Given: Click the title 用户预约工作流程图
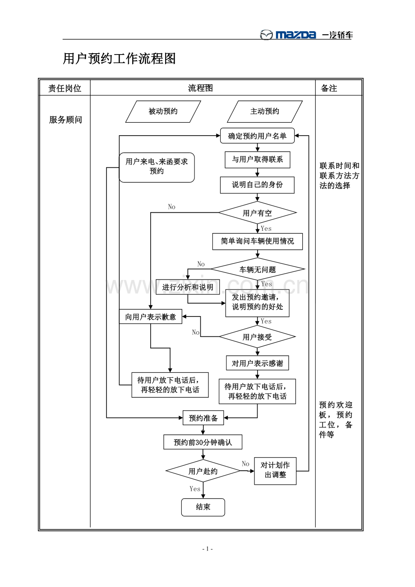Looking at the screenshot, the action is click(x=119, y=59).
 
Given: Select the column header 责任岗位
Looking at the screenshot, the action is click(x=65, y=88).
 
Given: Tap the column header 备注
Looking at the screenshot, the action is click(x=329, y=88).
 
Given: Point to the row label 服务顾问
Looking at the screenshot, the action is click(x=65, y=120).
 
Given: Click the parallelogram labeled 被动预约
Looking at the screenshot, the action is click(x=163, y=112).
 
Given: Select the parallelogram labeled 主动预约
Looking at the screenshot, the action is click(x=265, y=112).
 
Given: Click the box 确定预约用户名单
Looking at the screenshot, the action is click(x=257, y=136).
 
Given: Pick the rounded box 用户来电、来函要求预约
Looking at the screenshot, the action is click(x=157, y=167).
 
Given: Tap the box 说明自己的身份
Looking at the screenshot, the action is click(x=257, y=185).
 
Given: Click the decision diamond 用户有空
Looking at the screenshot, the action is click(x=258, y=212).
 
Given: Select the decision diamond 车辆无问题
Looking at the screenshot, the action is click(x=258, y=269).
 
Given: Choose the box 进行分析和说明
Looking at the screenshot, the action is click(x=188, y=287).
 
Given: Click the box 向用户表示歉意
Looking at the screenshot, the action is click(x=151, y=316).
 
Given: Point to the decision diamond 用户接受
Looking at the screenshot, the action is click(x=257, y=337).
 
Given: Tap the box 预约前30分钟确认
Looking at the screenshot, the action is click(x=203, y=442).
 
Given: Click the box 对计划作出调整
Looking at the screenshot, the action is click(x=275, y=471).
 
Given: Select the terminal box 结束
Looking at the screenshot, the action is click(x=203, y=507).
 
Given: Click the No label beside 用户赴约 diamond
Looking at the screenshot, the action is click(x=245, y=464).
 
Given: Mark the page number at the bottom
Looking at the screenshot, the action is click(x=207, y=549).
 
